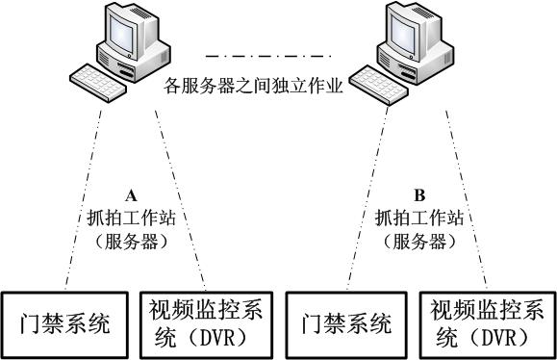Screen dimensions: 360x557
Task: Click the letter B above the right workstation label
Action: pos(418,193)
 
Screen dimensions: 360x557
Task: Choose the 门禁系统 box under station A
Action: pos(65,322)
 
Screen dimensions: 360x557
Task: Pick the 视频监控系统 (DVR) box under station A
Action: pos(208,322)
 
